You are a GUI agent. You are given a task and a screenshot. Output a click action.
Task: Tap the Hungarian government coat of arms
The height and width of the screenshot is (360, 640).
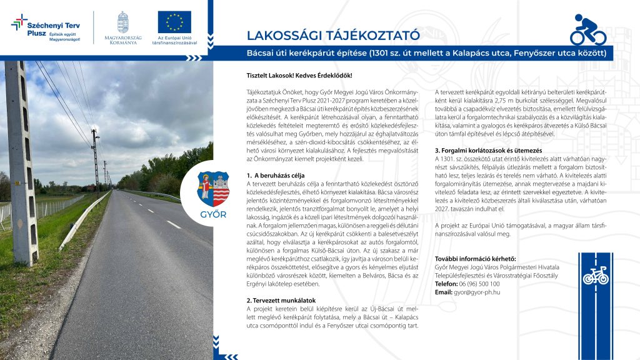point(123,21)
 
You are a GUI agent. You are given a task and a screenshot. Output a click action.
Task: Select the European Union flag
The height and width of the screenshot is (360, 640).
point(174,22)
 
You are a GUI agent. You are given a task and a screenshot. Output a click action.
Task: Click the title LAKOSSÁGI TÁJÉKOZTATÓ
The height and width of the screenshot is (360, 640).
point(332,35)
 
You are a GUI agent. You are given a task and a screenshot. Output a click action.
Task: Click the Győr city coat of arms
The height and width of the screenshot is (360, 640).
point(213,189)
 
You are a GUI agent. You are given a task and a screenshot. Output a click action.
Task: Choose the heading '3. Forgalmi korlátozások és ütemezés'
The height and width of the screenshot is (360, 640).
point(489,151)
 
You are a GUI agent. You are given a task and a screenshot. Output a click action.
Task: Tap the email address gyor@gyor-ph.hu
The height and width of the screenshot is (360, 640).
point(477,292)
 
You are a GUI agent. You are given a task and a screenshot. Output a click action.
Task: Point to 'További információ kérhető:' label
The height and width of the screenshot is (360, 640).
point(475,259)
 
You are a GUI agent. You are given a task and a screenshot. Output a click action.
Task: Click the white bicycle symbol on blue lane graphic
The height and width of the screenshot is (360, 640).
point(595,275)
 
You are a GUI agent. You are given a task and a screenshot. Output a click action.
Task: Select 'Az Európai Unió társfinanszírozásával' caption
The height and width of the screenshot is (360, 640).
point(174,42)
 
